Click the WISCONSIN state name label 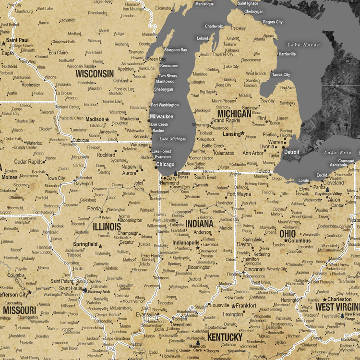[95, 74]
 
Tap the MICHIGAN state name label [234, 114]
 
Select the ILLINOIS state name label [107, 226]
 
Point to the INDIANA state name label [199, 224]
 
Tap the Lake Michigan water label [172, 139]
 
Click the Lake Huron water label [303, 45]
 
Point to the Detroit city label [291, 152]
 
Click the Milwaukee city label [161, 117]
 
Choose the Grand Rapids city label [226, 121]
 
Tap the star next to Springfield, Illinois [100, 246]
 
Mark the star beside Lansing [242, 133]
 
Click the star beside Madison [107, 120]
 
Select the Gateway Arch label [99, 291]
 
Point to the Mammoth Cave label [197, 346]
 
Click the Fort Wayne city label [239, 194]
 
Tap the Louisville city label [220, 305]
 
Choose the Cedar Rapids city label [29, 162]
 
